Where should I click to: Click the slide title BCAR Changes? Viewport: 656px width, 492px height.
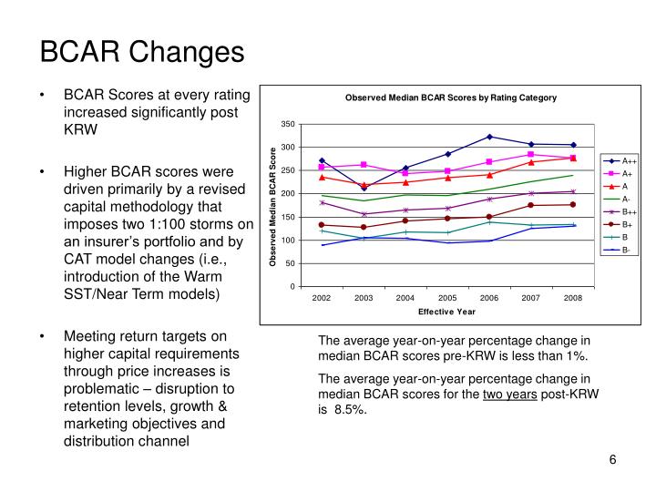point(141,51)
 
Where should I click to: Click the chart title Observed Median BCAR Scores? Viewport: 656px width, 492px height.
point(450,97)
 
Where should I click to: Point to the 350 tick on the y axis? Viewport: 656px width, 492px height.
point(288,124)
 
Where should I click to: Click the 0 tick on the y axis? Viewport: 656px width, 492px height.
point(292,287)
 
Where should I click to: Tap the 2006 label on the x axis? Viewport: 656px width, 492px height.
point(489,298)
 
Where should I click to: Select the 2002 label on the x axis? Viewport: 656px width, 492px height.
point(322,298)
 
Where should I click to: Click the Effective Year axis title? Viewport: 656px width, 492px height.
point(446,312)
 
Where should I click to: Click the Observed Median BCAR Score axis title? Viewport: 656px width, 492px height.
point(272,206)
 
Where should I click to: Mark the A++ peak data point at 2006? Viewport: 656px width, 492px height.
point(489,137)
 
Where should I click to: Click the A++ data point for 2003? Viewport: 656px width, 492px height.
point(364,188)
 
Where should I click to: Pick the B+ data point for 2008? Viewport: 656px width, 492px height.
point(573,204)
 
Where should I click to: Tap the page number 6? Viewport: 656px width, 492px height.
point(613,459)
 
